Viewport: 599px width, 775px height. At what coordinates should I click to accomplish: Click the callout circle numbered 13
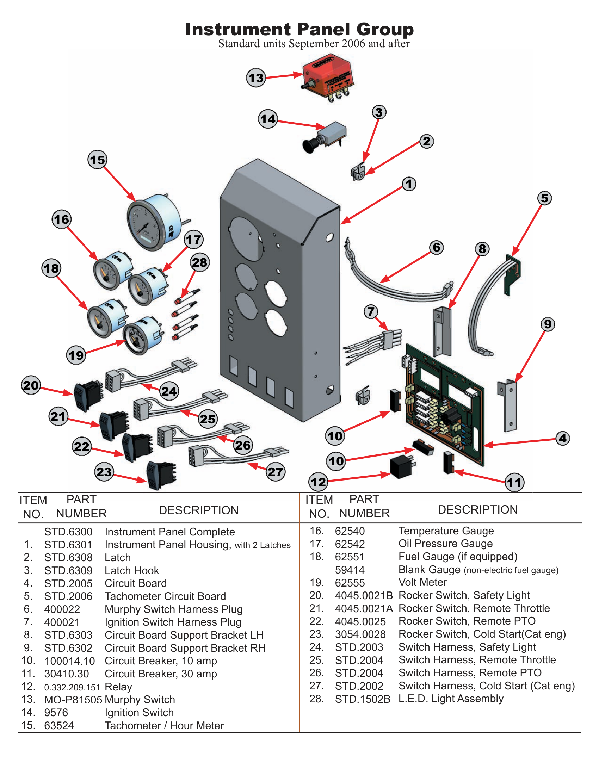[256, 78]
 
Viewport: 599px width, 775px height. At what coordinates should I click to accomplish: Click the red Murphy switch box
[328, 76]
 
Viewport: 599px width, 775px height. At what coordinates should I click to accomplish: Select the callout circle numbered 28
[200, 262]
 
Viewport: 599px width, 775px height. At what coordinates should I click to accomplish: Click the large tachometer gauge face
[146, 227]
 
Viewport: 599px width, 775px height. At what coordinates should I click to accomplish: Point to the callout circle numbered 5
[544, 198]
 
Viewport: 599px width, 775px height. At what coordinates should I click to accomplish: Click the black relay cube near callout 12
[402, 467]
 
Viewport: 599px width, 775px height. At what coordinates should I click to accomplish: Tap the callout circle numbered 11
[514, 482]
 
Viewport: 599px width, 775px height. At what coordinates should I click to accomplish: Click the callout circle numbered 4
[562, 438]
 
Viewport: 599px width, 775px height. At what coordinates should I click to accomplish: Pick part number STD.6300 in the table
[68, 532]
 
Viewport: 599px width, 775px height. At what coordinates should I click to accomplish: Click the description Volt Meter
[422, 582]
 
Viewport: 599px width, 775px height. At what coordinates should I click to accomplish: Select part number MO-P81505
[73, 700]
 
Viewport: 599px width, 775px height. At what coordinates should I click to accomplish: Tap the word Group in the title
[385, 30]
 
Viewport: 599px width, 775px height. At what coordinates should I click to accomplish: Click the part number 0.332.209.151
[72, 687]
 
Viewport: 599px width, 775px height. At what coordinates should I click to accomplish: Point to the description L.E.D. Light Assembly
[451, 699]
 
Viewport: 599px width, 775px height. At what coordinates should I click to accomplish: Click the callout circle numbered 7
[371, 311]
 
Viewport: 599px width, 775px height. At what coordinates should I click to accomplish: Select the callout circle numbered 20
[31, 385]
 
